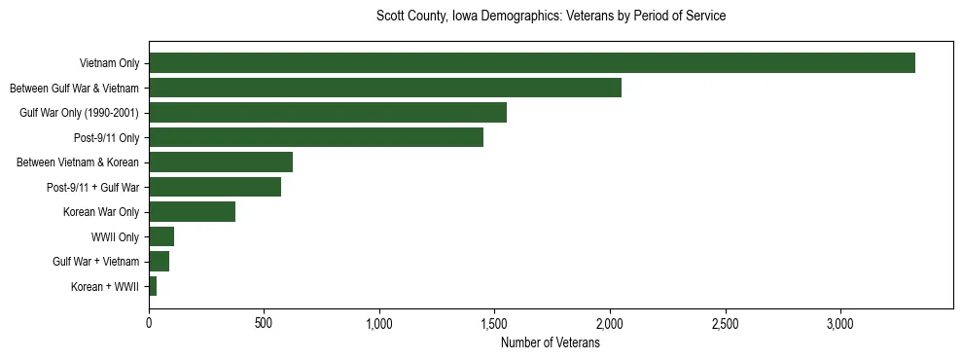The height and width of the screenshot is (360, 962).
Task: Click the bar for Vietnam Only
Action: pos(531,63)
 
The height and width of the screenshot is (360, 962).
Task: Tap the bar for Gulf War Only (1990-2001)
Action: pos(328,113)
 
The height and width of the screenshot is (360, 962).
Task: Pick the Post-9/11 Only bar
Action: pos(316,137)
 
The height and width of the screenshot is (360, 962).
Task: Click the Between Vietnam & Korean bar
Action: pos(221,162)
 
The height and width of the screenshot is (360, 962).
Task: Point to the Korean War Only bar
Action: pos(192,212)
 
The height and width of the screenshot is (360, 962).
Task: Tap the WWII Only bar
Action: pos(161,236)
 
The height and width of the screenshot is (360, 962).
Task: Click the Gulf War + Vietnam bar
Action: pos(159,262)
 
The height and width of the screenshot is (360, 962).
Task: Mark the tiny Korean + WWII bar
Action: pos(153,286)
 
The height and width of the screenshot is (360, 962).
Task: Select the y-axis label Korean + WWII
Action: pos(105,287)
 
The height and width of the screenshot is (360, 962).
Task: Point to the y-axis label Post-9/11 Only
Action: pos(106,138)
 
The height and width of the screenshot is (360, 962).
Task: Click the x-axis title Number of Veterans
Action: pos(550,342)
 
